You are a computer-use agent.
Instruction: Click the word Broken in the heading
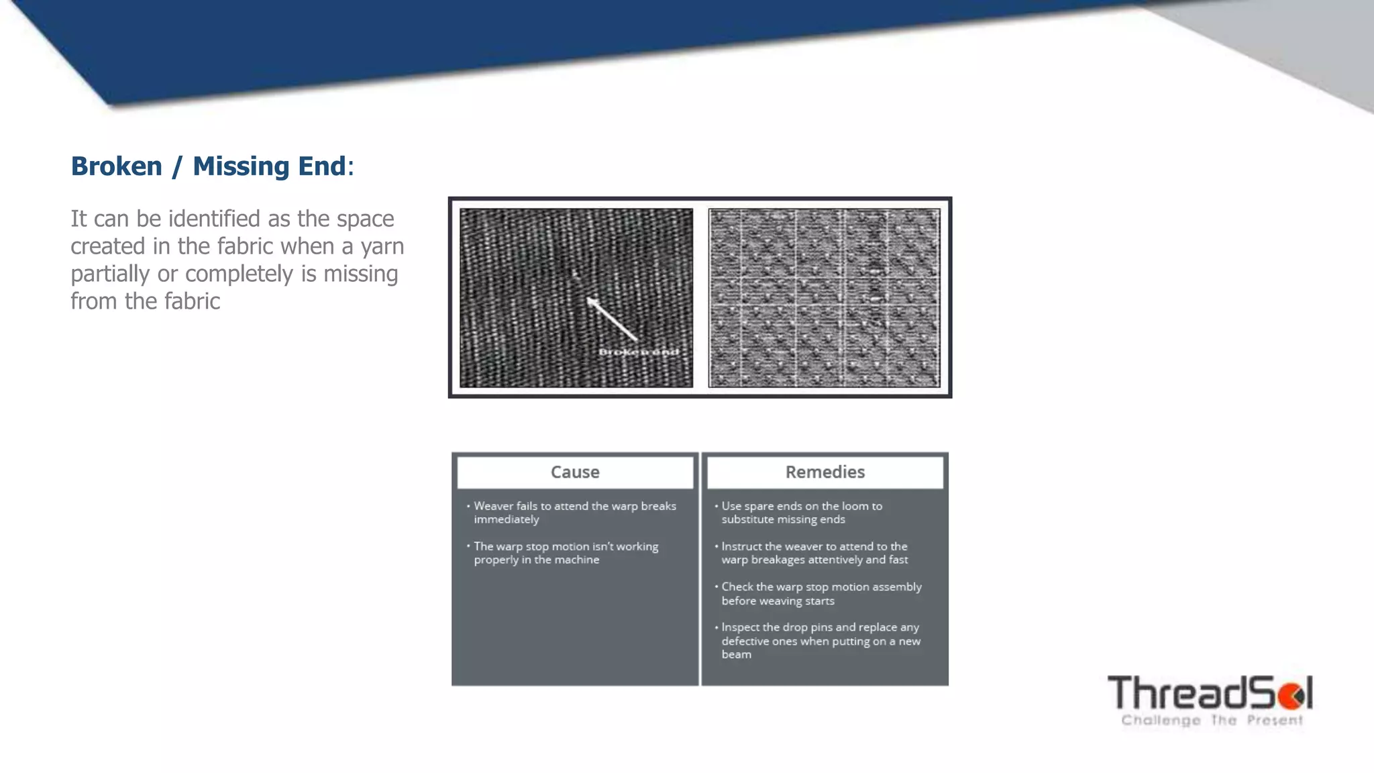pos(117,166)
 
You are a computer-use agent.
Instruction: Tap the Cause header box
pos(575,472)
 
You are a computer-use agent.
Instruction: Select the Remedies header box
pos(825,472)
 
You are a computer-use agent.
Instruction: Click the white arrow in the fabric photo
pos(612,319)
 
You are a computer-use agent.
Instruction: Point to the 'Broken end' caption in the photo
pos(638,352)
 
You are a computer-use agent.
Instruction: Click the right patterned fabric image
pos(824,297)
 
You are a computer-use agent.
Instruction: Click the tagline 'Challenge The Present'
pos(1212,721)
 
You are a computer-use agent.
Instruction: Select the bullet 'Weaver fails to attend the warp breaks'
pos(574,513)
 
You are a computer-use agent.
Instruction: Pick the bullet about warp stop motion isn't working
pos(566,553)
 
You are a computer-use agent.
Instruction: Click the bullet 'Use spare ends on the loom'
pos(802,513)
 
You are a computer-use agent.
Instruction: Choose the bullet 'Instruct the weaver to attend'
pos(814,553)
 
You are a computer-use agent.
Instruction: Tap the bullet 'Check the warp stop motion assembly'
pos(821,594)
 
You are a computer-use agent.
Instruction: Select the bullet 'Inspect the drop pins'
pos(820,641)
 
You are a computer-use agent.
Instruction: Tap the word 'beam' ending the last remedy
pos(736,655)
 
